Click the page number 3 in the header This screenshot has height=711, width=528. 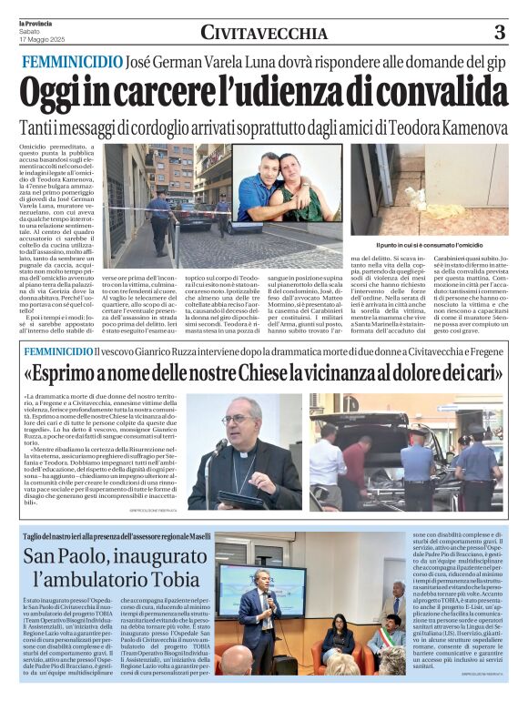(499, 34)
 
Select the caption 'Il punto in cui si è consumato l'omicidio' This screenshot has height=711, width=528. (428, 246)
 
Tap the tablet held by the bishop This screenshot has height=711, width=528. (225, 498)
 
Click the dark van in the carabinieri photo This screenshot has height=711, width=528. (364, 455)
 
